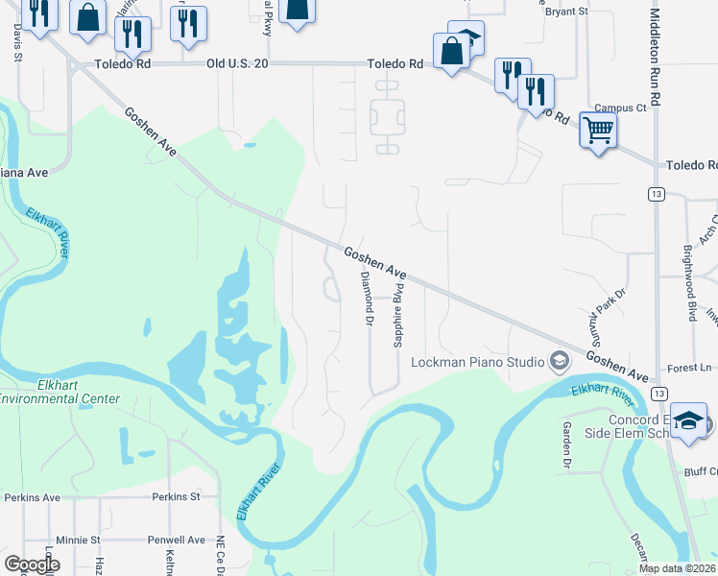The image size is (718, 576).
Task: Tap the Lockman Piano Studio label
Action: point(478,362)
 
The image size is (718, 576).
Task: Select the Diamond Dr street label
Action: point(366,299)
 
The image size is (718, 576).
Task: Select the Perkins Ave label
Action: point(32,497)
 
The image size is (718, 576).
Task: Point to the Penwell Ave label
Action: point(176,540)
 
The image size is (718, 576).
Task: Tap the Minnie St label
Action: point(78,540)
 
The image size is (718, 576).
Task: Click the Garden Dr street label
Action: point(566,446)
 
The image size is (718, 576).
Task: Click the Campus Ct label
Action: point(620,108)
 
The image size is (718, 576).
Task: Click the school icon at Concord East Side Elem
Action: point(688,421)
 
